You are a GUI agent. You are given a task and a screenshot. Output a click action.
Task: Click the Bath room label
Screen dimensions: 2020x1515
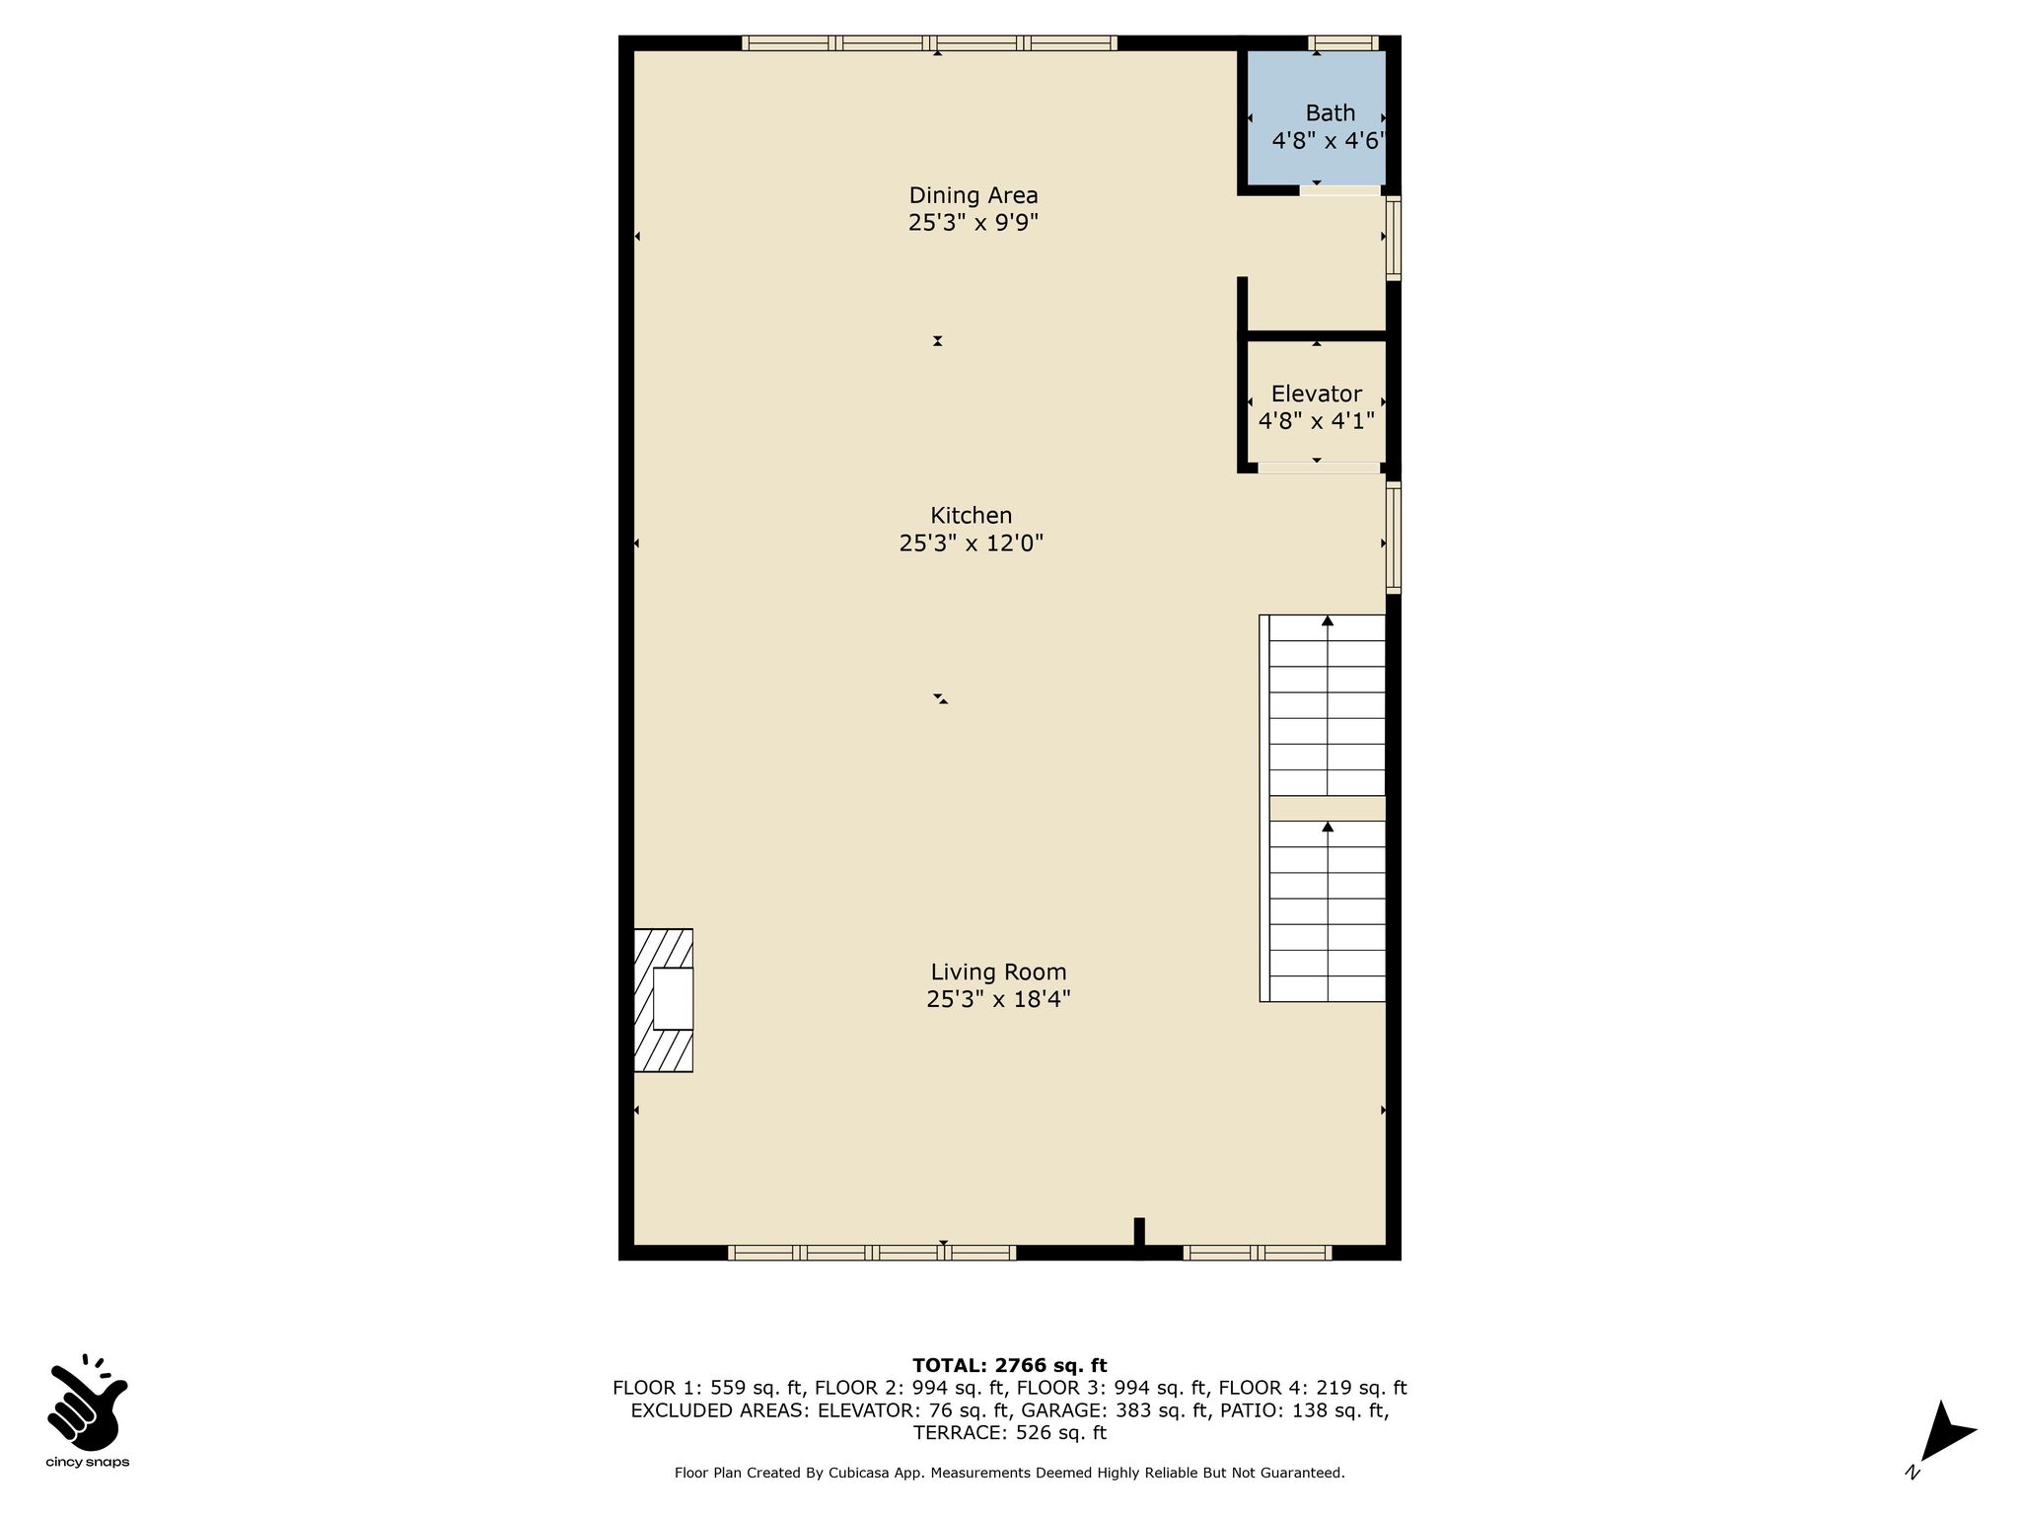pos(1330,113)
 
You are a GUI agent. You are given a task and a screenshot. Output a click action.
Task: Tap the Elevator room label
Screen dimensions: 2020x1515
pos(1316,395)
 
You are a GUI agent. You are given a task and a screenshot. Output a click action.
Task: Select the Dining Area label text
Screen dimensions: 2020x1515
pos(974,195)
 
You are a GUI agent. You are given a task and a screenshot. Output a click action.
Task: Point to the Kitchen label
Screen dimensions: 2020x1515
pos(972,515)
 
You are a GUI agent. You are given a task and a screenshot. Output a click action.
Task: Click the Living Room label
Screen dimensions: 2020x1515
pos(998,972)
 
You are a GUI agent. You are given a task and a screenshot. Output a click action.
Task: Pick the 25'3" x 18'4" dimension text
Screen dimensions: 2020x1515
pos(998,999)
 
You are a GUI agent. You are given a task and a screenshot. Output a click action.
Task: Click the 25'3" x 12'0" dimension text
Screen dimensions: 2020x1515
pos(972,542)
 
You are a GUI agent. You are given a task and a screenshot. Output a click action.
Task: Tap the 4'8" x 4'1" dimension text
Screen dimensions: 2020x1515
pos(1317,421)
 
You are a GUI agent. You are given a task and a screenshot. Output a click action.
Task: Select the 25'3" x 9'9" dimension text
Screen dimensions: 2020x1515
pos(974,223)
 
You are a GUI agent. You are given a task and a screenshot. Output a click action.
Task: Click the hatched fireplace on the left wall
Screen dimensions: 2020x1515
pos(663,1000)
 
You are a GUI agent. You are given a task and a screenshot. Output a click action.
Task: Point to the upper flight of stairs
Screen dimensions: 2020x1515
pos(1327,705)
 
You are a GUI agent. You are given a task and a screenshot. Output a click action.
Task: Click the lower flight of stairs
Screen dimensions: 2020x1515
pos(1327,911)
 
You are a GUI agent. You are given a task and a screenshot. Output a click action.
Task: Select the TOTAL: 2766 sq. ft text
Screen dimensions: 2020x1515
pos(1009,1366)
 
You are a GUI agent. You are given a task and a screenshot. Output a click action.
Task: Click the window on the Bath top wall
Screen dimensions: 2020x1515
pos(1342,42)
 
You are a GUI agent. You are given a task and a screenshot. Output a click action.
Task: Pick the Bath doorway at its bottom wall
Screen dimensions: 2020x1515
pos(1339,189)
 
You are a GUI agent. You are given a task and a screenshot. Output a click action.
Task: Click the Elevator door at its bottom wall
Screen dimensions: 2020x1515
pos(1319,468)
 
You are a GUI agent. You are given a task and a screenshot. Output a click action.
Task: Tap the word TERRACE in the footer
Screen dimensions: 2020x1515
pos(956,1433)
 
